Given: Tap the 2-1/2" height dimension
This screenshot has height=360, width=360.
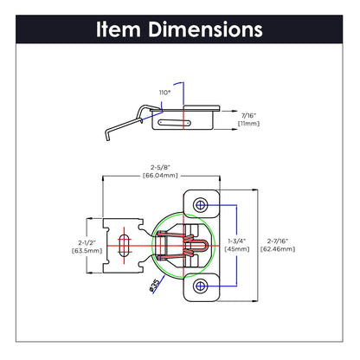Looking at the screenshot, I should coord(83,243).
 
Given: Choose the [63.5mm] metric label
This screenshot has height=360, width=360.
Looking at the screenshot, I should coord(83,252).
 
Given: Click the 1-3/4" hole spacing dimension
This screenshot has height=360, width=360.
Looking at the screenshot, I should coord(236,240).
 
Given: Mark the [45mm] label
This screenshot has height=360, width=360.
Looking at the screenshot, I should coord(236,248).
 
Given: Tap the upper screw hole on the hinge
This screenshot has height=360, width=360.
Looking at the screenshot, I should coord(201,205).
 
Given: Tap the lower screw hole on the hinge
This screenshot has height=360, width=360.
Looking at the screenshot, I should coord(201,283).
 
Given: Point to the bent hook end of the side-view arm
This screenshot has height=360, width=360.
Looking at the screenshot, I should coord(105,133).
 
